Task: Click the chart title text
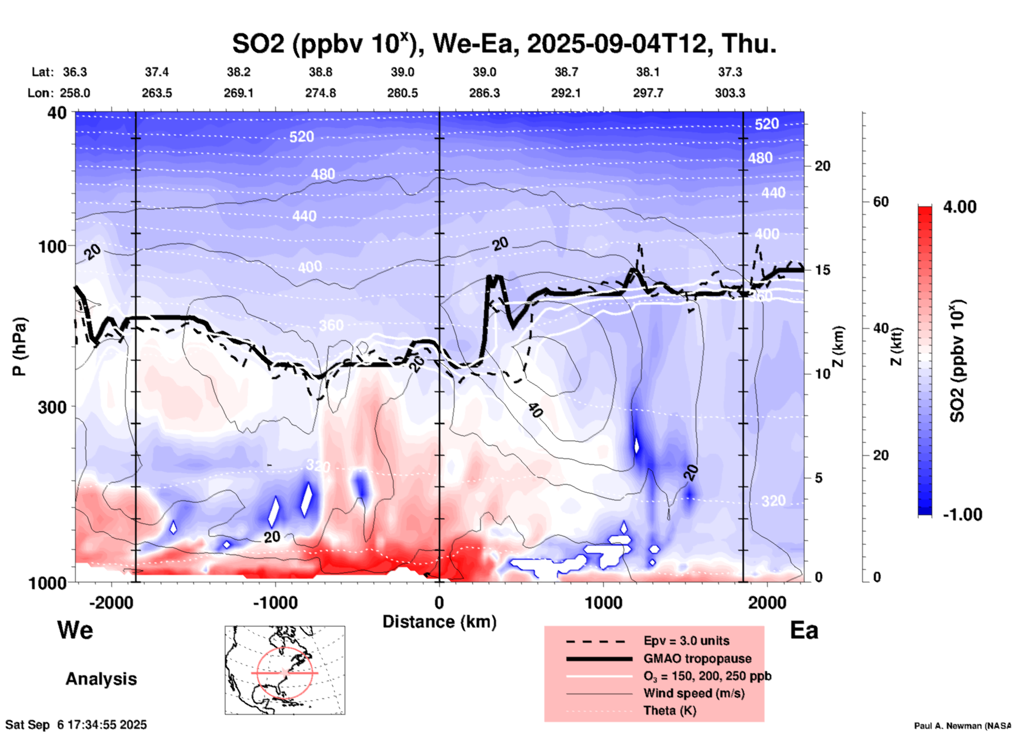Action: (x=504, y=44)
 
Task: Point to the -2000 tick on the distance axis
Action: (x=111, y=603)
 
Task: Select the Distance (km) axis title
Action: (x=439, y=622)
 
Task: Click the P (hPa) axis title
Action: (x=19, y=346)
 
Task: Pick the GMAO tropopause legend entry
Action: (x=697, y=658)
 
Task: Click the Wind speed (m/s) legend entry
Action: (x=694, y=693)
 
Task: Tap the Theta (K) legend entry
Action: (x=669, y=710)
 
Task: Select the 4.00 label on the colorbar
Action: (x=959, y=207)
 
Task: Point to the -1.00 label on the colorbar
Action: (x=962, y=515)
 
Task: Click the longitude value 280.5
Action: (x=402, y=93)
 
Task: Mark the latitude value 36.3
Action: (x=75, y=72)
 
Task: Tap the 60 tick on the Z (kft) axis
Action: (x=880, y=202)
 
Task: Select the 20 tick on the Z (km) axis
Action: (x=822, y=166)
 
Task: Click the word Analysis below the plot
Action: (x=101, y=679)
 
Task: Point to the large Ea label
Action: (x=804, y=630)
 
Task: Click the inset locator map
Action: (x=285, y=670)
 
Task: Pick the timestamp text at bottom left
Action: (x=76, y=725)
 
